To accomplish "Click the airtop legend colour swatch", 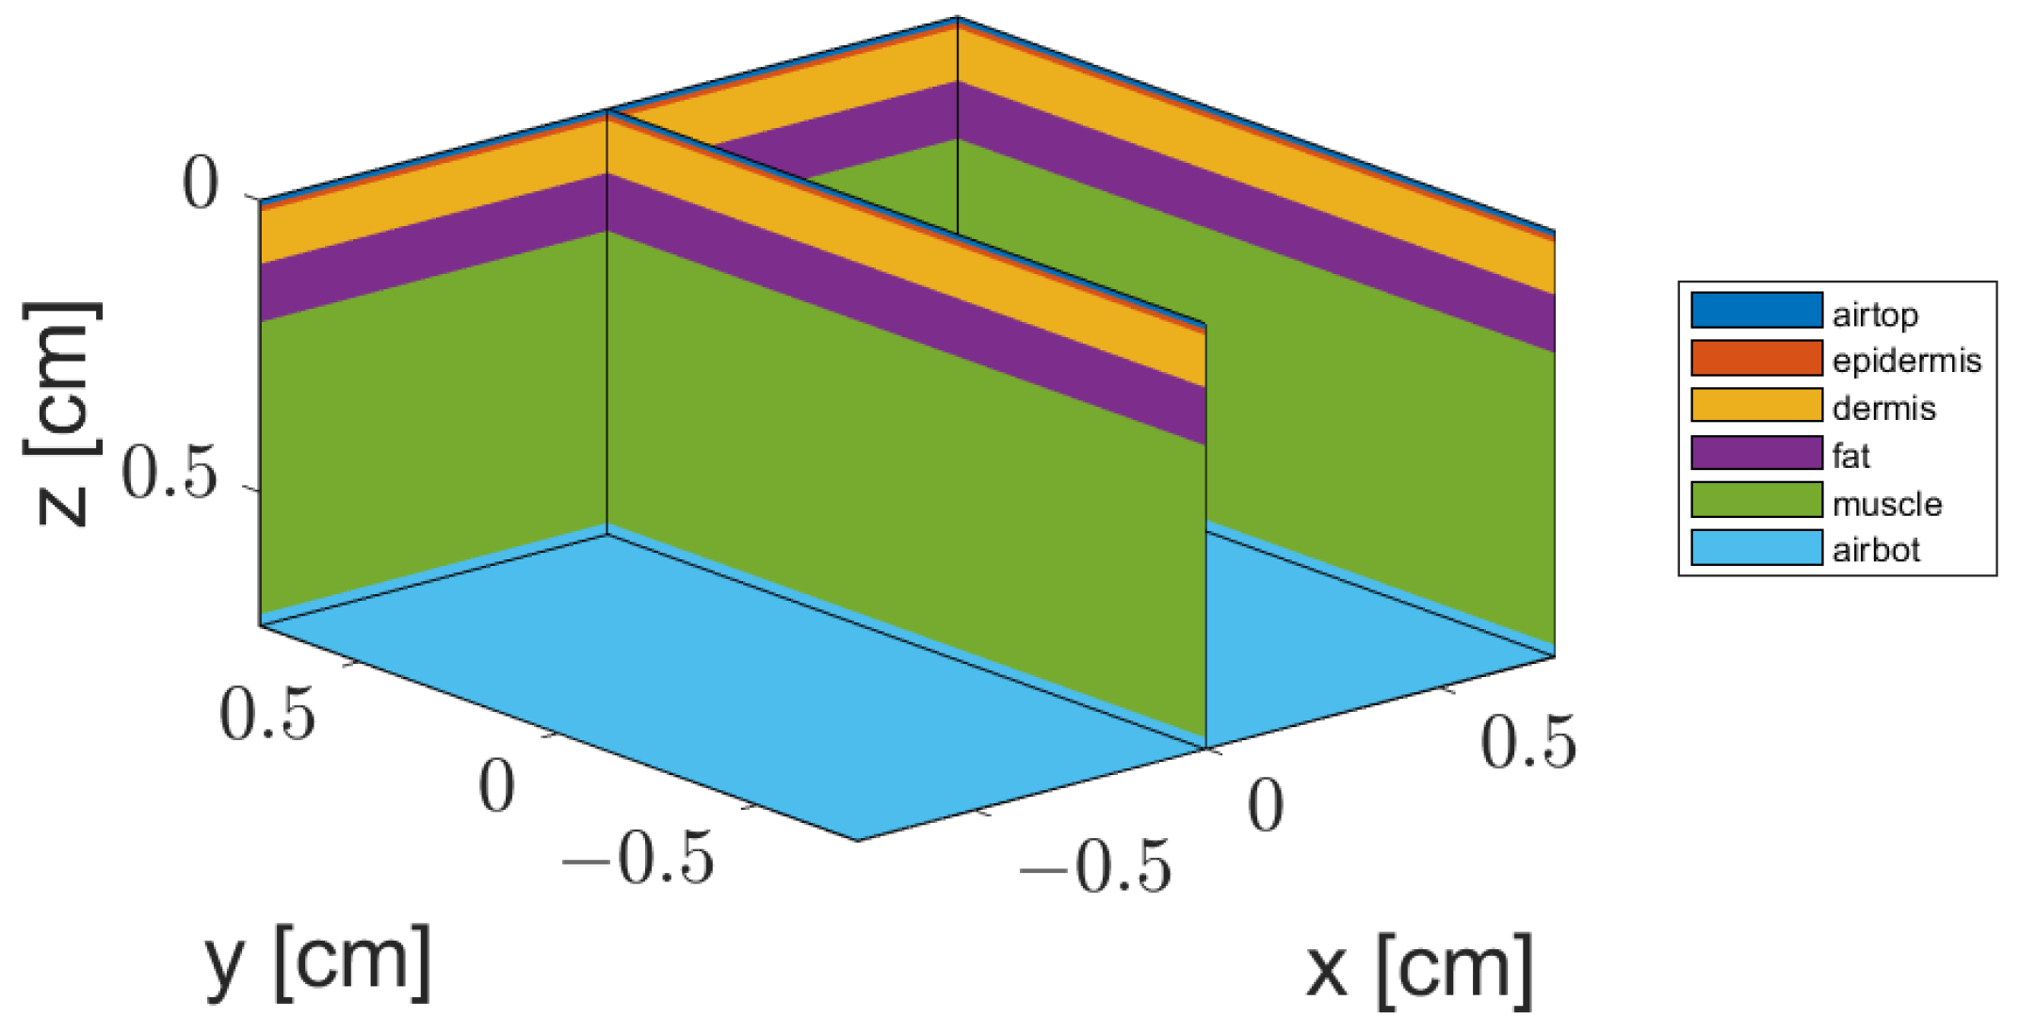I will [x=1756, y=311].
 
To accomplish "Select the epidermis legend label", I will [x=1906, y=361].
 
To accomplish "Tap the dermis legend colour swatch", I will [x=1756, y=406].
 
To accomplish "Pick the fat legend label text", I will [x=1850, y=457].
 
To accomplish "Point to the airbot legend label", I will [x=1876, y=550].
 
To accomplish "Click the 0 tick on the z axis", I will [x=201, y=184].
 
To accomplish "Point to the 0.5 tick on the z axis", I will [x=170, y=473].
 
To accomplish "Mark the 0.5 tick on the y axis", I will [x=267, y=714].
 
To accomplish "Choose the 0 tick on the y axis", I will [x=496, y=786].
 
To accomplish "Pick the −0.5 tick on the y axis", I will [x=638, y=859].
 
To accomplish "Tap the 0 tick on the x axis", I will [x=1265, y=806].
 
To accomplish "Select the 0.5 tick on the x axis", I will [x=1527, y=742].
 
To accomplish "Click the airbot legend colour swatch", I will [x=1756, y=548].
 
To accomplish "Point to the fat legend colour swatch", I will [x=1756, y=453].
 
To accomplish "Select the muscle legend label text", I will [x=1886, y=505].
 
